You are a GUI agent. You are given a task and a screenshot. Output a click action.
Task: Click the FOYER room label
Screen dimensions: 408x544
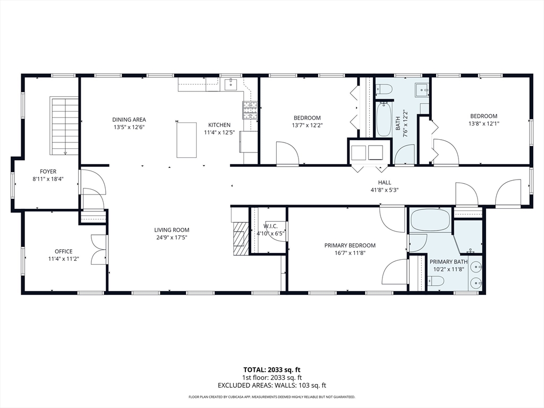point(48,172)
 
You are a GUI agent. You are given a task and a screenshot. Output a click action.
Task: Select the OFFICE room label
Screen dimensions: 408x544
point(63,251)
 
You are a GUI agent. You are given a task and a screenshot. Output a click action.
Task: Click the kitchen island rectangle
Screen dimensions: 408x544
point(186,140)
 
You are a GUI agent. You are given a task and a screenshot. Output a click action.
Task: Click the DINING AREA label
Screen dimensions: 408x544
point(129,120)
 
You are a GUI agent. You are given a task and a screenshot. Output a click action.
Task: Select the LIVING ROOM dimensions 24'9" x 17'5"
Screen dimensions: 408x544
point(171,237)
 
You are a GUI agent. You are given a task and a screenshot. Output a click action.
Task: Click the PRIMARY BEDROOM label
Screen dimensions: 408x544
point(350,245)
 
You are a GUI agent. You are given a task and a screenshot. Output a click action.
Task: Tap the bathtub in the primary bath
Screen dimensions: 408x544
point(430,220)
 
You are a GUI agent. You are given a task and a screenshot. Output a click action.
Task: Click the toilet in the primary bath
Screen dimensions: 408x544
point(435,280)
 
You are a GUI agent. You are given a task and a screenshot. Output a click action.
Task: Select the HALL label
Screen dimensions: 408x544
point(385,182)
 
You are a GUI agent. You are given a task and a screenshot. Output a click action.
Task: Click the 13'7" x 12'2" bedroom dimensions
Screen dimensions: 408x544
point(307,125)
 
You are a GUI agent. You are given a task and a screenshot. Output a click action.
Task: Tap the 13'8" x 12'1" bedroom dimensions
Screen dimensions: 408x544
point(483,124)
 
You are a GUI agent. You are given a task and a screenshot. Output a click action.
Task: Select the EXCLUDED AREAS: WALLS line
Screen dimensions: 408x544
point(271,385)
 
